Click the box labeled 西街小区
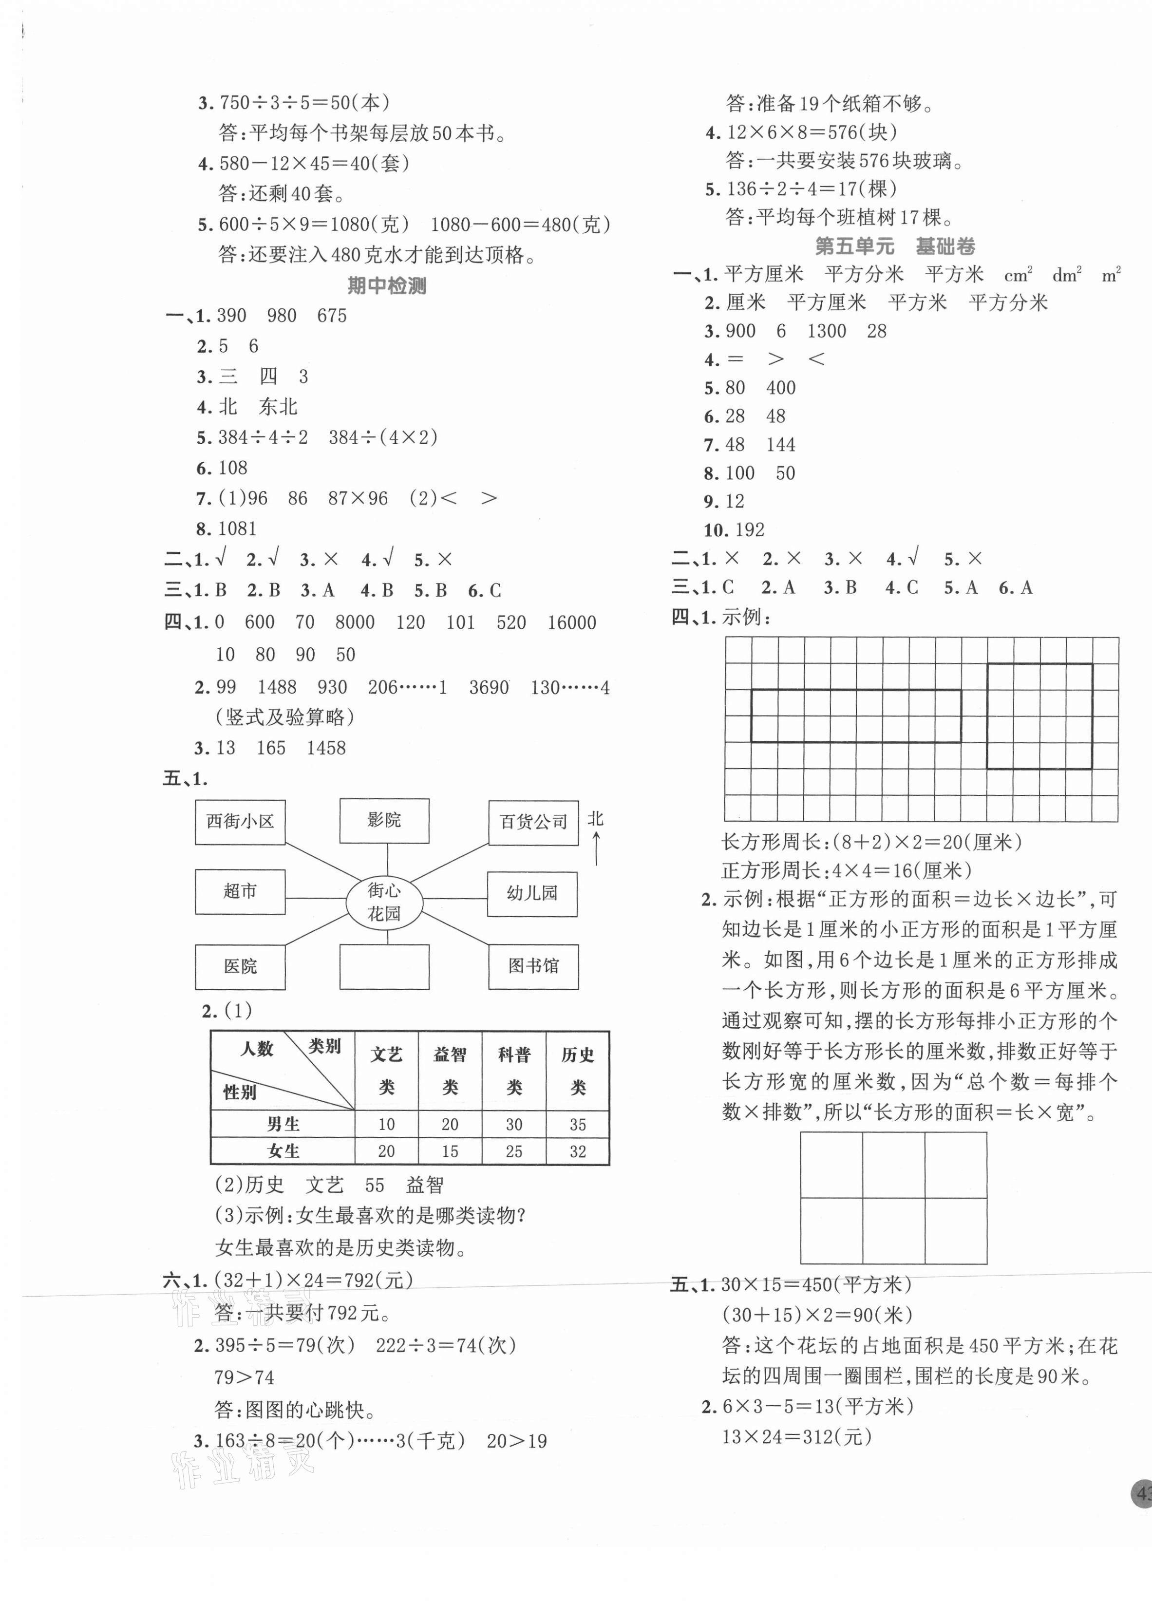240,822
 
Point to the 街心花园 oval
384,902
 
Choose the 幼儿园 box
532,894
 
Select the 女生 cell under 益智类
450,1151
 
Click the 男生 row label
283,1125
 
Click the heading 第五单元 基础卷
895,246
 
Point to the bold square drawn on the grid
1039,716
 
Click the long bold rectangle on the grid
855,716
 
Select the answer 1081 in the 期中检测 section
237,529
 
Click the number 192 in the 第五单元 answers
749,530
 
